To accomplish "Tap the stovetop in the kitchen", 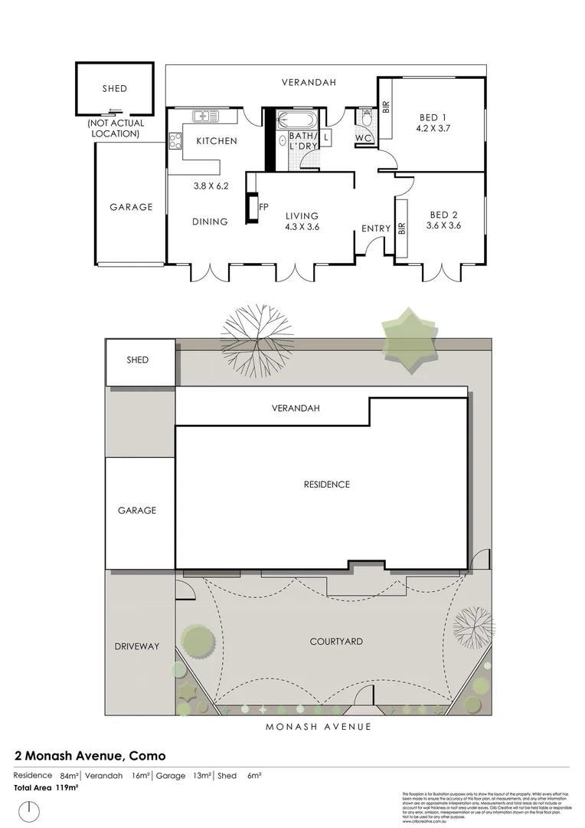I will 175,140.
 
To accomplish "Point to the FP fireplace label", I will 263,207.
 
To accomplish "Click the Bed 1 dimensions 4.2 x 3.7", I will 433,129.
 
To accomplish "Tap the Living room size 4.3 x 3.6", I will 302,226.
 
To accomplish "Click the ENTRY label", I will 376,228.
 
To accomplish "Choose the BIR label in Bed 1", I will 386,108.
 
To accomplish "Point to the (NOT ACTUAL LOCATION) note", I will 113,128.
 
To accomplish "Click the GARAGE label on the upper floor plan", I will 131,207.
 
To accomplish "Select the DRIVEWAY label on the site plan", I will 137,646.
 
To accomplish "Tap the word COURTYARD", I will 336,641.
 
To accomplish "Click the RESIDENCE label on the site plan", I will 326,485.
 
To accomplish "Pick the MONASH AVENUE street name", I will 318,727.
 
